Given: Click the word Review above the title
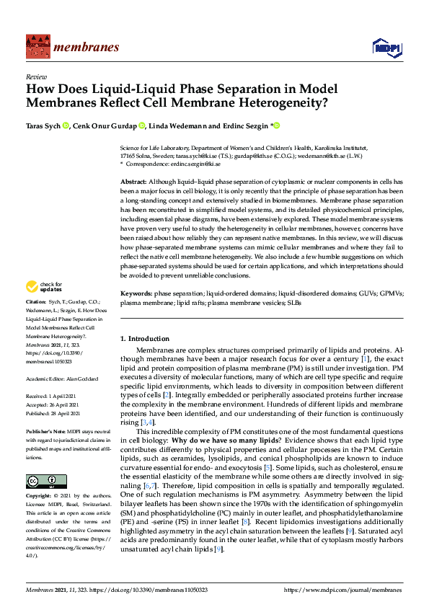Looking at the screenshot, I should pos(35,76).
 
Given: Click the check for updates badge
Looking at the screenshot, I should pos(45,287).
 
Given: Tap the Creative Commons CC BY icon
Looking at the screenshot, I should pos(46,481).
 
